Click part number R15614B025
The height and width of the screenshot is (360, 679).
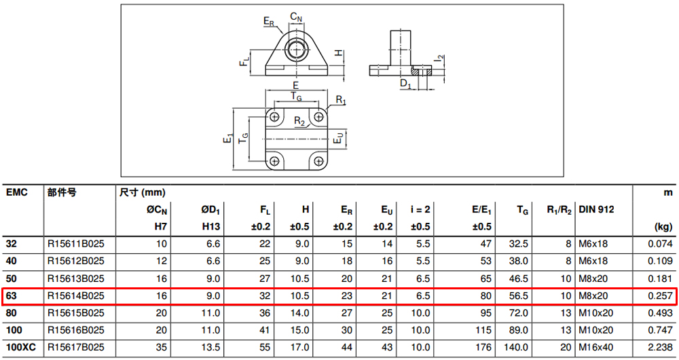76,296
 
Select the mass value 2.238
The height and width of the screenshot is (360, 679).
661,348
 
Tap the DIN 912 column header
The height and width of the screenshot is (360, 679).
596,210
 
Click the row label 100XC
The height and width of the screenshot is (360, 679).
21,348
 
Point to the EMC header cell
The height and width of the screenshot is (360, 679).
17,192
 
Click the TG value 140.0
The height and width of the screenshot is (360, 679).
516,348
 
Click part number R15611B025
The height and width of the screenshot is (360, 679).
76,244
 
